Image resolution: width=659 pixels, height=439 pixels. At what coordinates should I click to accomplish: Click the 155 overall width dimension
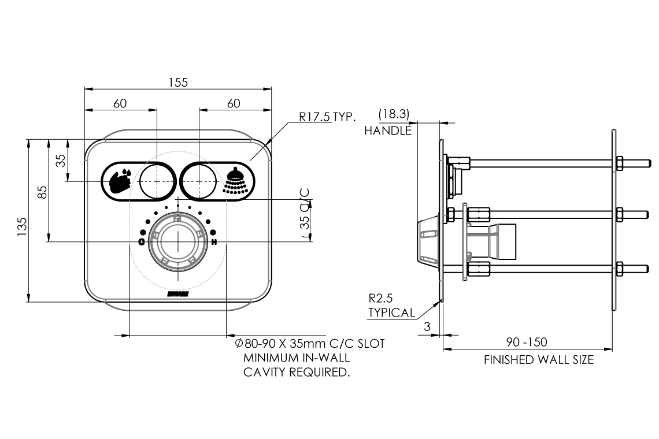(x=178, y=83)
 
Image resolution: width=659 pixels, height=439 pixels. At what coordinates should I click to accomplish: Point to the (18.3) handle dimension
(x=394, y=114)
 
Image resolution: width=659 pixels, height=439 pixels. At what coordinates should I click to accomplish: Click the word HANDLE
(x=387, y=131)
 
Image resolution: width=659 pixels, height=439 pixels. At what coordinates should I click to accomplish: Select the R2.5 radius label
(x=382, y=299)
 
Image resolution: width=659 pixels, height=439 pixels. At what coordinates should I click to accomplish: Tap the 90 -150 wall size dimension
(x=527, y=343)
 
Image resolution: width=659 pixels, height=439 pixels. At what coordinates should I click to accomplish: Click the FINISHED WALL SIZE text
(x=538, y=360)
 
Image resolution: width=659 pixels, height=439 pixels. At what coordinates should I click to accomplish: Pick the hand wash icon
(x=120, y=180)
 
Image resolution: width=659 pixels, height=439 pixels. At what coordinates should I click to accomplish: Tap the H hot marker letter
(x=214, y=242)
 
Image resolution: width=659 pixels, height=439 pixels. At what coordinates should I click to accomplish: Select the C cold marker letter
(x=142, y=242)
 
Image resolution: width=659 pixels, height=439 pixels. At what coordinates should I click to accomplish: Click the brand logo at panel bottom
(x=177, y=295)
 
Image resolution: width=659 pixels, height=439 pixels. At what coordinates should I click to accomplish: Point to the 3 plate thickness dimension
(x=427, y=326)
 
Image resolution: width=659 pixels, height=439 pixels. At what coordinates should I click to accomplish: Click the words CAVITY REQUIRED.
(x=297, y=372)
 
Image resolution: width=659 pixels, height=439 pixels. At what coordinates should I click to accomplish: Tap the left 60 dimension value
(x=120, y=103)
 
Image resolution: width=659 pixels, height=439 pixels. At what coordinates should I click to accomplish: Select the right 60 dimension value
(x=234, y=103)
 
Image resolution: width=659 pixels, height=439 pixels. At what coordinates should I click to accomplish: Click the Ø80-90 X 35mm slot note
(x=309, y=344)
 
